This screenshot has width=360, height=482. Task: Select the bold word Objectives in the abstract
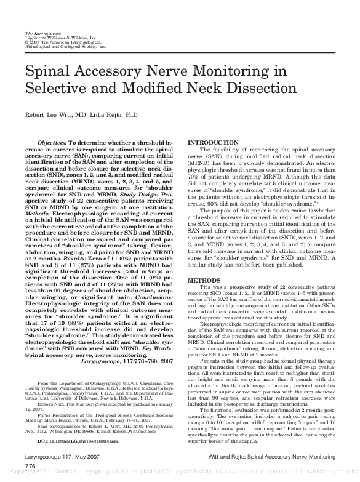pos(56,142)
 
